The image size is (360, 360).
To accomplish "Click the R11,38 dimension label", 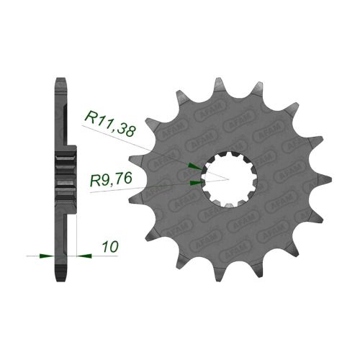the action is click(x=111, y=123).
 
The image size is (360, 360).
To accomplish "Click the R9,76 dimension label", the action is click(x=111, y=179).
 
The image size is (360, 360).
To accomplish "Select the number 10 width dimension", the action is click(x=110, y=246).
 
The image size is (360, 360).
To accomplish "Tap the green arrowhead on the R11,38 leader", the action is click(x=195, y=166).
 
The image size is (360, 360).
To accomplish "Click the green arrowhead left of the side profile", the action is click(x=47, y=256).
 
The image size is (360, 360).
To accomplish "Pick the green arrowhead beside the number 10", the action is click(x=84, y=256).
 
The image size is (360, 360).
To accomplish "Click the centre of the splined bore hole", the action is click(x=229, y=179).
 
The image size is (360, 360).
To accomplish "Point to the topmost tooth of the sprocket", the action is click(x=218, y=84).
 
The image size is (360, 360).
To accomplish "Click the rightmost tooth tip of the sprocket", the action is click(x=325, y=179).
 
